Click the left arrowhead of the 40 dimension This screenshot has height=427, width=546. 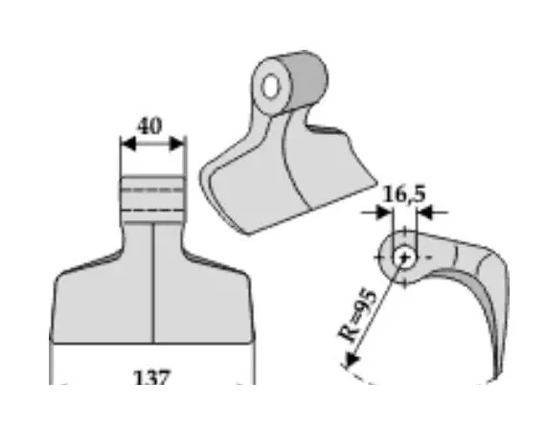(125, 145)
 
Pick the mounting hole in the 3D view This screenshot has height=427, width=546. (273, 87)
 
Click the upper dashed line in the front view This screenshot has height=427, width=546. (152, 190)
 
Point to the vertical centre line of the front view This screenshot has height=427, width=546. (153, 287)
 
